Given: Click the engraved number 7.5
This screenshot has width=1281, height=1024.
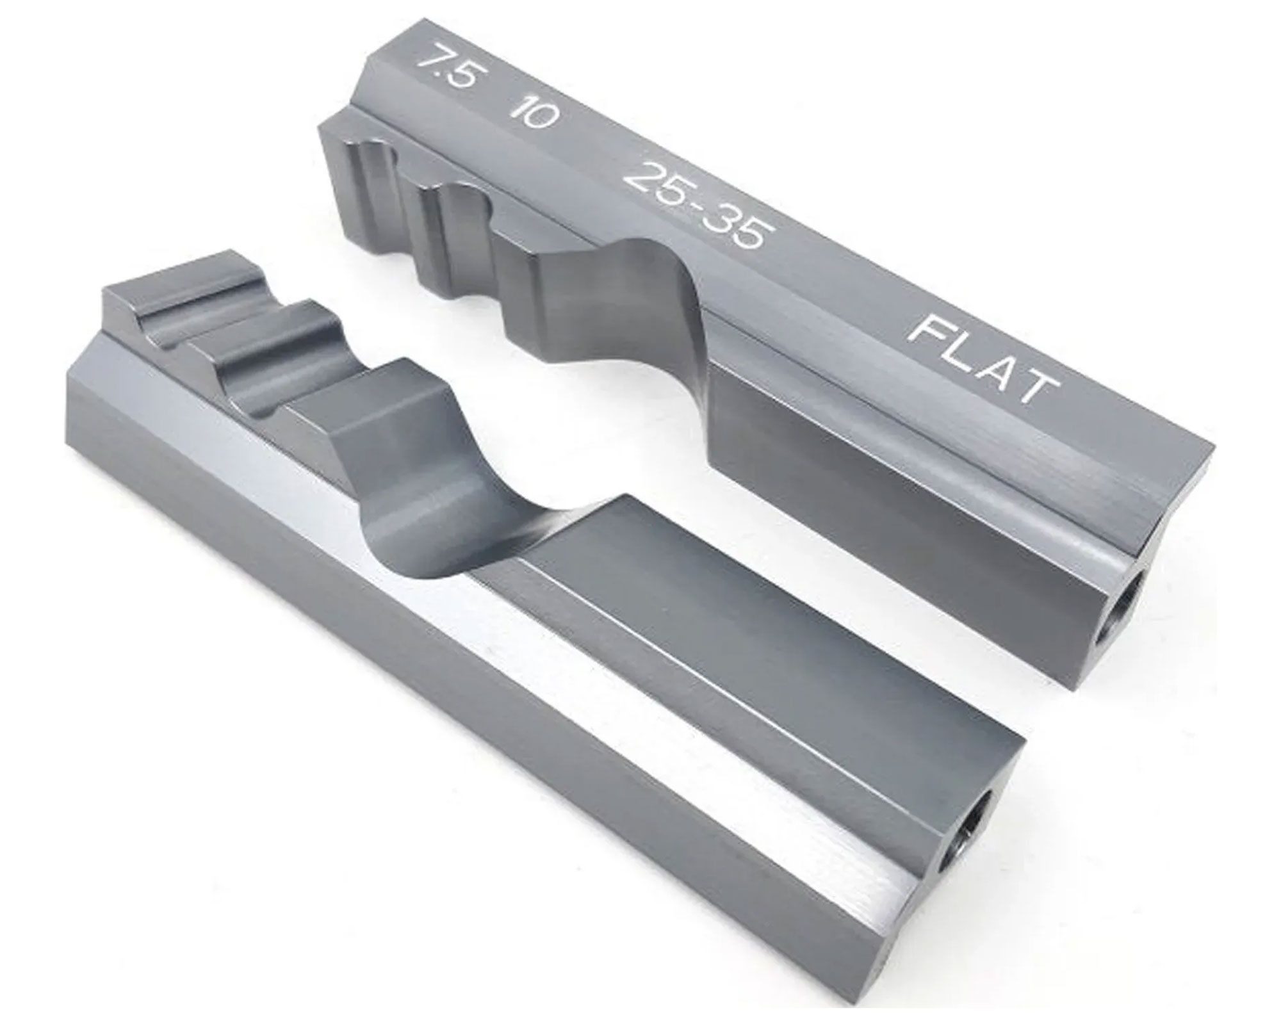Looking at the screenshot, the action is (x=446, y=74).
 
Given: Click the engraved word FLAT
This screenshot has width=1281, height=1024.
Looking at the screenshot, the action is (x=983, y=358).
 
